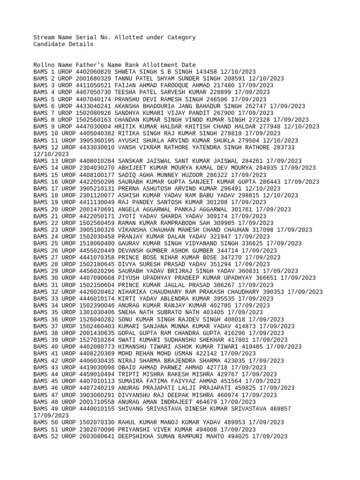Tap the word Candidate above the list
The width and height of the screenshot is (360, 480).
[49, 45]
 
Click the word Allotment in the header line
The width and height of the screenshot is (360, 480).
[158, 65]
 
